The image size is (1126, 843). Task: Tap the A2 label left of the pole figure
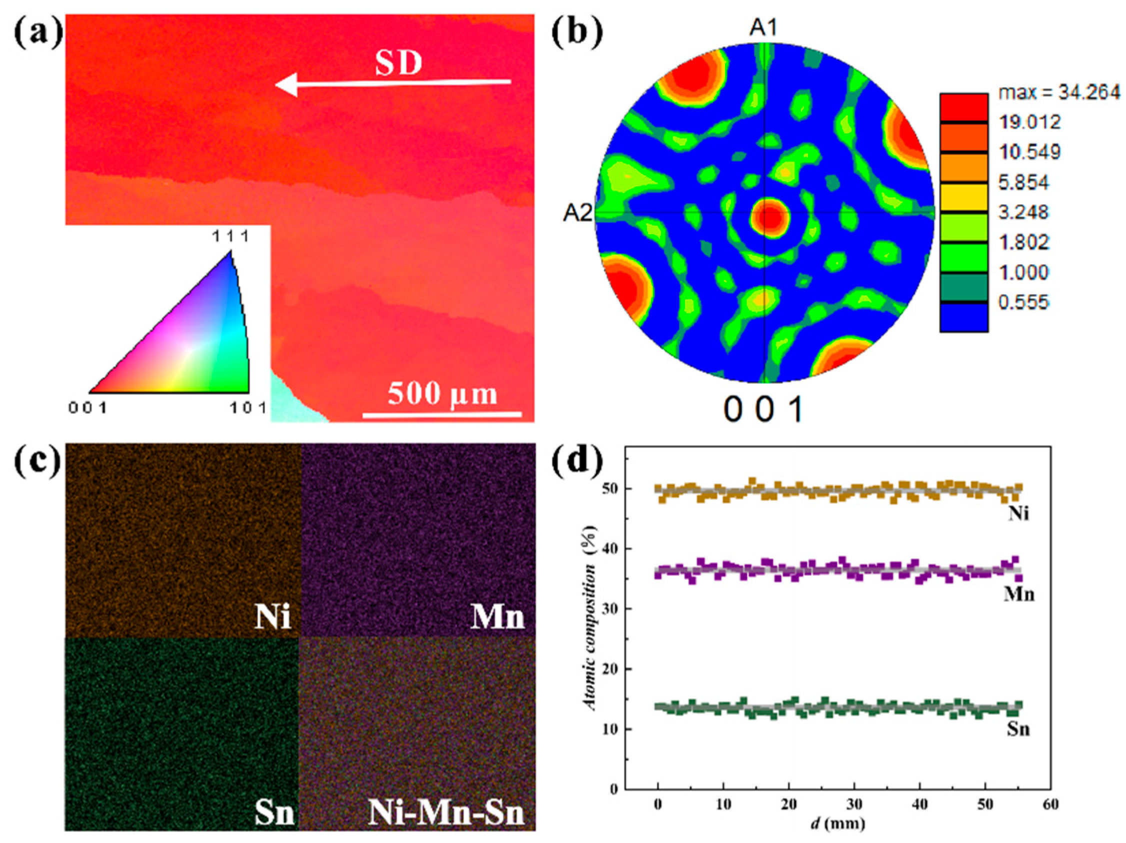[x=578, y=213]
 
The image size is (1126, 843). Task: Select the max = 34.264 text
[x=1059, y=92]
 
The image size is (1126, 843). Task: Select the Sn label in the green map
[x=274, y=813]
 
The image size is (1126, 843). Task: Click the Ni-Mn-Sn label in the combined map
[x=446, y=813]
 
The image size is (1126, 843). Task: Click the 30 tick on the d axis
[x=854, y=804]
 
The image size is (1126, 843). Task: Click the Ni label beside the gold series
[x=1018, y=514]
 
